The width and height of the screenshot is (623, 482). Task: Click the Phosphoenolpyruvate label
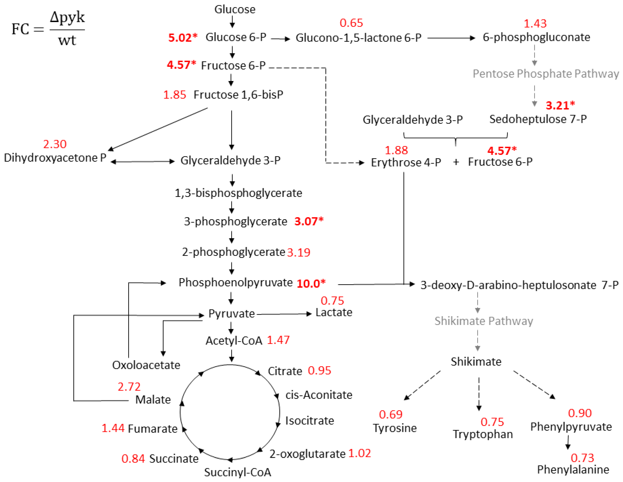pyautogui.click(x=235, y=283)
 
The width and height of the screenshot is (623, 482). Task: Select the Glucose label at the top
pyautogui.click(x=235, y=9)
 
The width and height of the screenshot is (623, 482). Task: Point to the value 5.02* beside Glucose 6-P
pyautogui.click(x=183, y=37)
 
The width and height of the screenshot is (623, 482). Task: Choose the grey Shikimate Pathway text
pyautogui.click(x=484, y=321)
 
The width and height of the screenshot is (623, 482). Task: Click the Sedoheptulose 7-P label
pyautogui.click(x=538, y=119)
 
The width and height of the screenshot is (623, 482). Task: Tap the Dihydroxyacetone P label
pyautogui.click(x=55, y=158)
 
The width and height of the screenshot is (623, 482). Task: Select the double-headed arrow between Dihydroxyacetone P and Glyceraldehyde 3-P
pyautogui.click(x=142, y=162)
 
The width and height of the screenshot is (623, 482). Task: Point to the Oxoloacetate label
pyautogui.click(x=146, y=365)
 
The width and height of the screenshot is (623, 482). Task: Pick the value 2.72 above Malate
pyautogui.click(x=129, y=387)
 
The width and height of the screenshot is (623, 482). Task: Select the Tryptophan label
pyautogui.click(x=483, y=434)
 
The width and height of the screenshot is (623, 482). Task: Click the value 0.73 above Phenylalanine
pyautogui.click(x=582, y=458)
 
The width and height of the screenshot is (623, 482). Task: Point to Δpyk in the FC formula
pyautogui.click(x=67, y=18)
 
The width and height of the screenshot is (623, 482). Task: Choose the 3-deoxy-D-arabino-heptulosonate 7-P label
pyautogui.click(x=519, y=285)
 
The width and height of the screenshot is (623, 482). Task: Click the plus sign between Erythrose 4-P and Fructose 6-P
pyautogui.click(x=456, y=162)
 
